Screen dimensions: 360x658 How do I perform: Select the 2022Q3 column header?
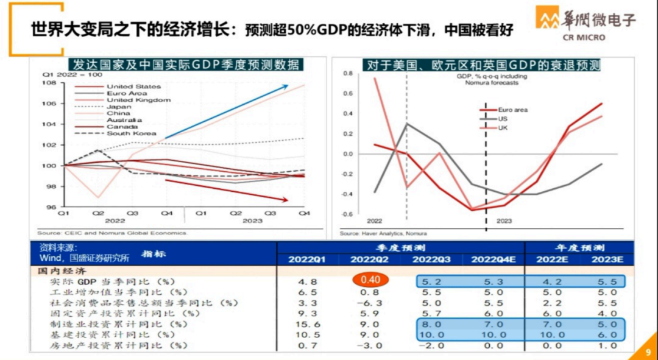coord(431,260)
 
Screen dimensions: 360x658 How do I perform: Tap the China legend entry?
coord(118,113)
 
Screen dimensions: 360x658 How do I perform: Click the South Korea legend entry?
coord(131,133)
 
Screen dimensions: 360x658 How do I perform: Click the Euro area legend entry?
coord(512,110)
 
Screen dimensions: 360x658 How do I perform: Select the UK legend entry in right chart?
coord(503,128)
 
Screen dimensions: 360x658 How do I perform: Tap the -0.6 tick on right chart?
coord(347,214)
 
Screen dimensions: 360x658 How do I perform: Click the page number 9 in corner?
coord(648,351)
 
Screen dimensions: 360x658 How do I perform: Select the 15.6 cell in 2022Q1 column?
coord(307,324)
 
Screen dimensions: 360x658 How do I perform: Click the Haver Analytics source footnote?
coord(383,233)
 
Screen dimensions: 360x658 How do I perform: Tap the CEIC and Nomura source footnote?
coord(113,233)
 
